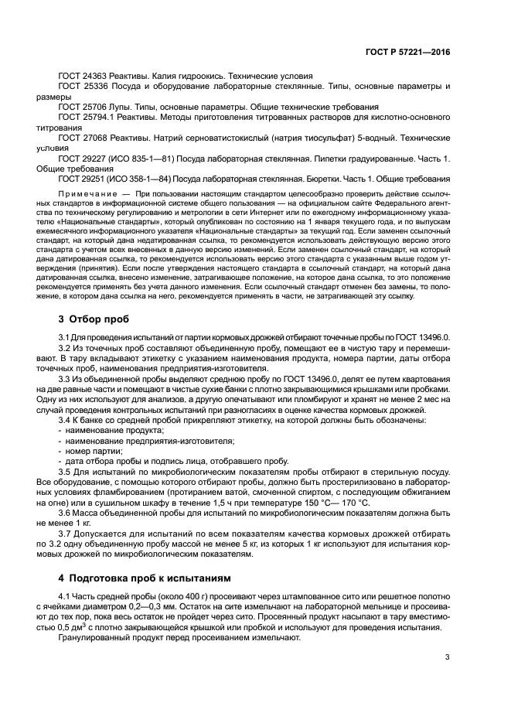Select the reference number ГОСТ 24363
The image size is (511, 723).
coord(80,76)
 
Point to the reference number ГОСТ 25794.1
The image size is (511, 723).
coord(85,116)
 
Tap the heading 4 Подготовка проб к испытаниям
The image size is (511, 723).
coord(152,577)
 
